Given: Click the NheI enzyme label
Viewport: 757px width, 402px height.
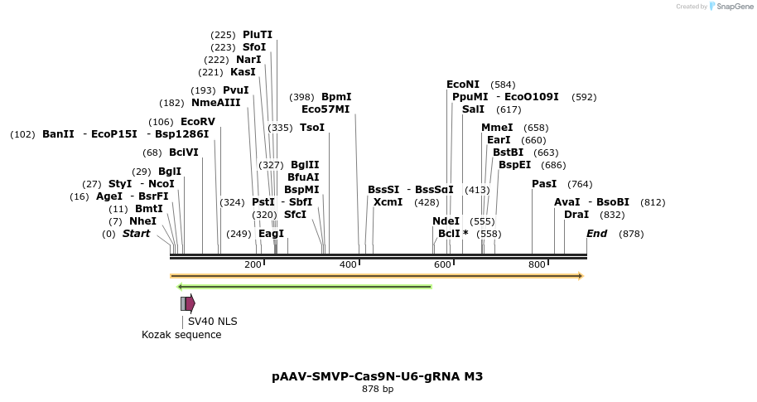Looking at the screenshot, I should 142,221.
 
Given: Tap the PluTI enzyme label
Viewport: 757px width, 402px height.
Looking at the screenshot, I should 257,35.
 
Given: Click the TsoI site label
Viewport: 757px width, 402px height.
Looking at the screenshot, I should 312,128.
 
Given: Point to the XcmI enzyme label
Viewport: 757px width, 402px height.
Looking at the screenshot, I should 388,202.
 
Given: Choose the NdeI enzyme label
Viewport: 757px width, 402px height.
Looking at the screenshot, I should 446,221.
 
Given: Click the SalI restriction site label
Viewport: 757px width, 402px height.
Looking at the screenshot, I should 473,109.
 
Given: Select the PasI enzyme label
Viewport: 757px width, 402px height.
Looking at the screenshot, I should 544,184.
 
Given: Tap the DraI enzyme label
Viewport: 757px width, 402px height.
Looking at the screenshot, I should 576,215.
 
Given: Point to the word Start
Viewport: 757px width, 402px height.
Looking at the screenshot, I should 137,234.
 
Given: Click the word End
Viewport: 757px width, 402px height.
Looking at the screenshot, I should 597,234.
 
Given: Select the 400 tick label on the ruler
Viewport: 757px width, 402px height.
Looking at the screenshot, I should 348,264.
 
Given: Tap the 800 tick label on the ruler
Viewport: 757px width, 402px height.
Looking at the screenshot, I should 537,264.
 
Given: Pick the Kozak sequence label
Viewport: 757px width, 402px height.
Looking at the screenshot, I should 181,335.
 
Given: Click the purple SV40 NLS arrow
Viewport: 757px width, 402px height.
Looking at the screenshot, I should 190,303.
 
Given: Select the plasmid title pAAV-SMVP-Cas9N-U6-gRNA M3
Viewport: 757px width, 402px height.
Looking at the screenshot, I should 377,376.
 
